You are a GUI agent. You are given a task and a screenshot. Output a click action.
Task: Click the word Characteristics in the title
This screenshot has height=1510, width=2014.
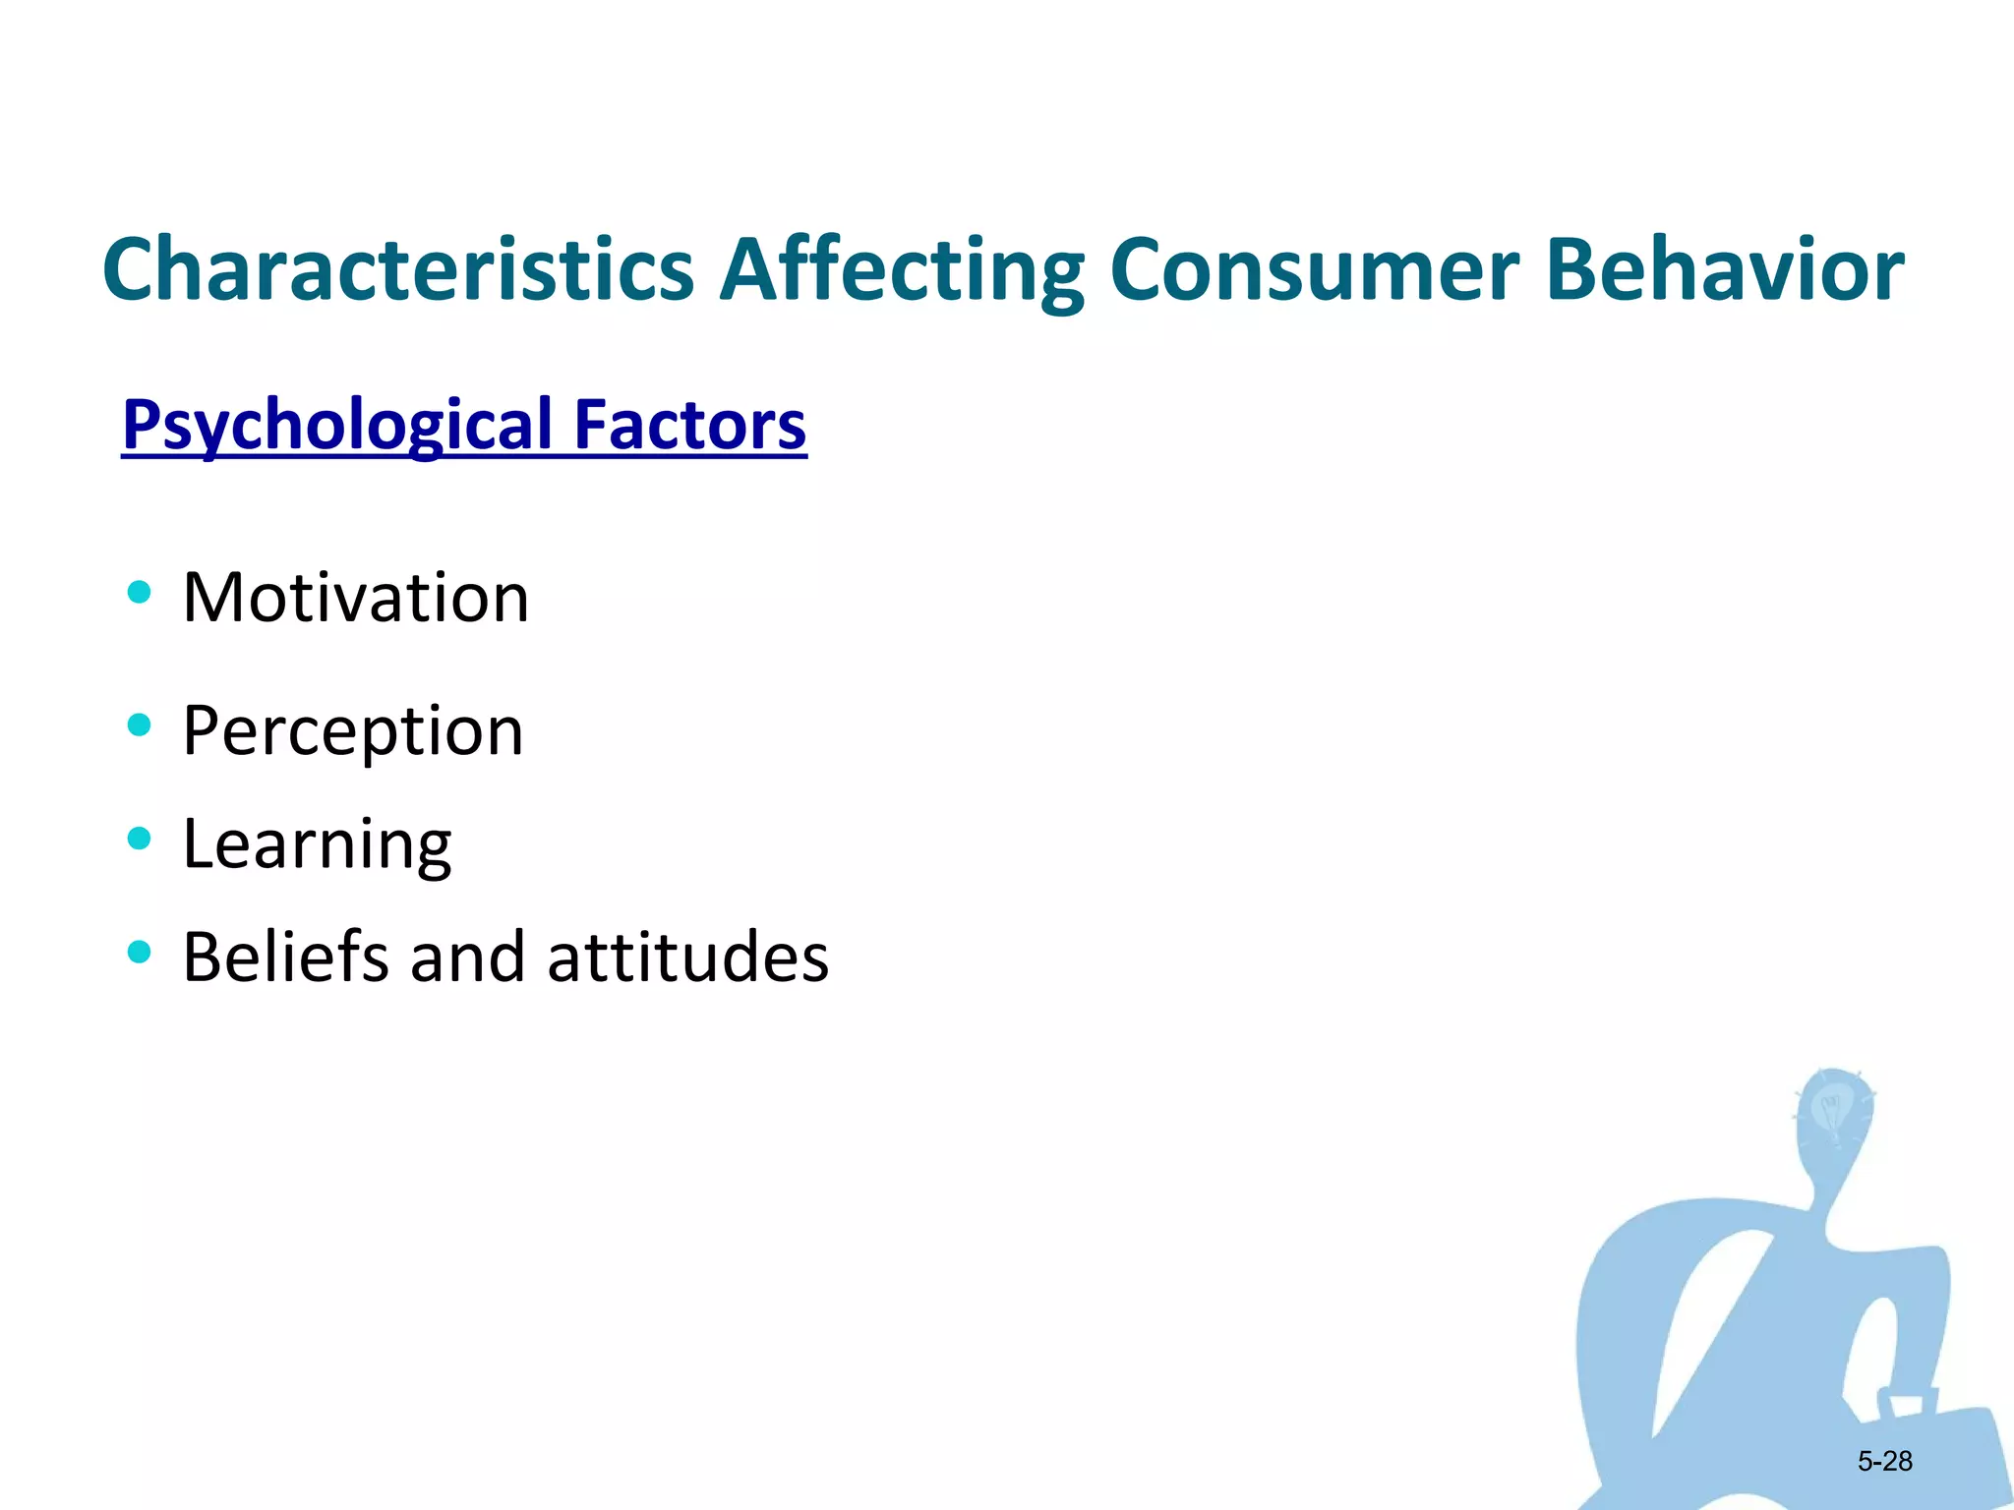[x=398, y=269]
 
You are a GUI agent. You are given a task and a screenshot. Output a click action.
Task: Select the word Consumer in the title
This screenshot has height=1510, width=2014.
[x=1314, y=269]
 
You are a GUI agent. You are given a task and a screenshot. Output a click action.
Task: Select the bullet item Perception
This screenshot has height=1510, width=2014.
[x=353, y=731]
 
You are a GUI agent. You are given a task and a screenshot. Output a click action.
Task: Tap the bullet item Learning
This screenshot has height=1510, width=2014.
[x=317, y=844]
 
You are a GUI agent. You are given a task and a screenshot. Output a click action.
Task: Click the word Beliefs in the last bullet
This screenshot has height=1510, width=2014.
[x=285, y=957]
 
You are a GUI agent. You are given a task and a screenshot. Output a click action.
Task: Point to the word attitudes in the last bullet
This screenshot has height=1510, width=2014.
[x=688, y=957]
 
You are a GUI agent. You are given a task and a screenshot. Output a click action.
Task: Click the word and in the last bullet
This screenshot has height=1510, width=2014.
[x=467, y=957]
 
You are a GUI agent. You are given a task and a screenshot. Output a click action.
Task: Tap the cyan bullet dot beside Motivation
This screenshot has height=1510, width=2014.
[x=139, y=592]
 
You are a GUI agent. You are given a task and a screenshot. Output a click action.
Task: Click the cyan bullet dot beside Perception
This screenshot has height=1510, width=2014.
[x=139, y=726]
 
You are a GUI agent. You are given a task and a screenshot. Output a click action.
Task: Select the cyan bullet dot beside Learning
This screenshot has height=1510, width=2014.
[x=139, y=839]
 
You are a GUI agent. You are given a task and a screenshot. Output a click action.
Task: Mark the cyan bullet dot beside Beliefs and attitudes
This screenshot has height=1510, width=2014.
[x=139, y=952]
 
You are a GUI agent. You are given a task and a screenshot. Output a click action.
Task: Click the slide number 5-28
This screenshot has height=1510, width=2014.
[x=1884, y=1461]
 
